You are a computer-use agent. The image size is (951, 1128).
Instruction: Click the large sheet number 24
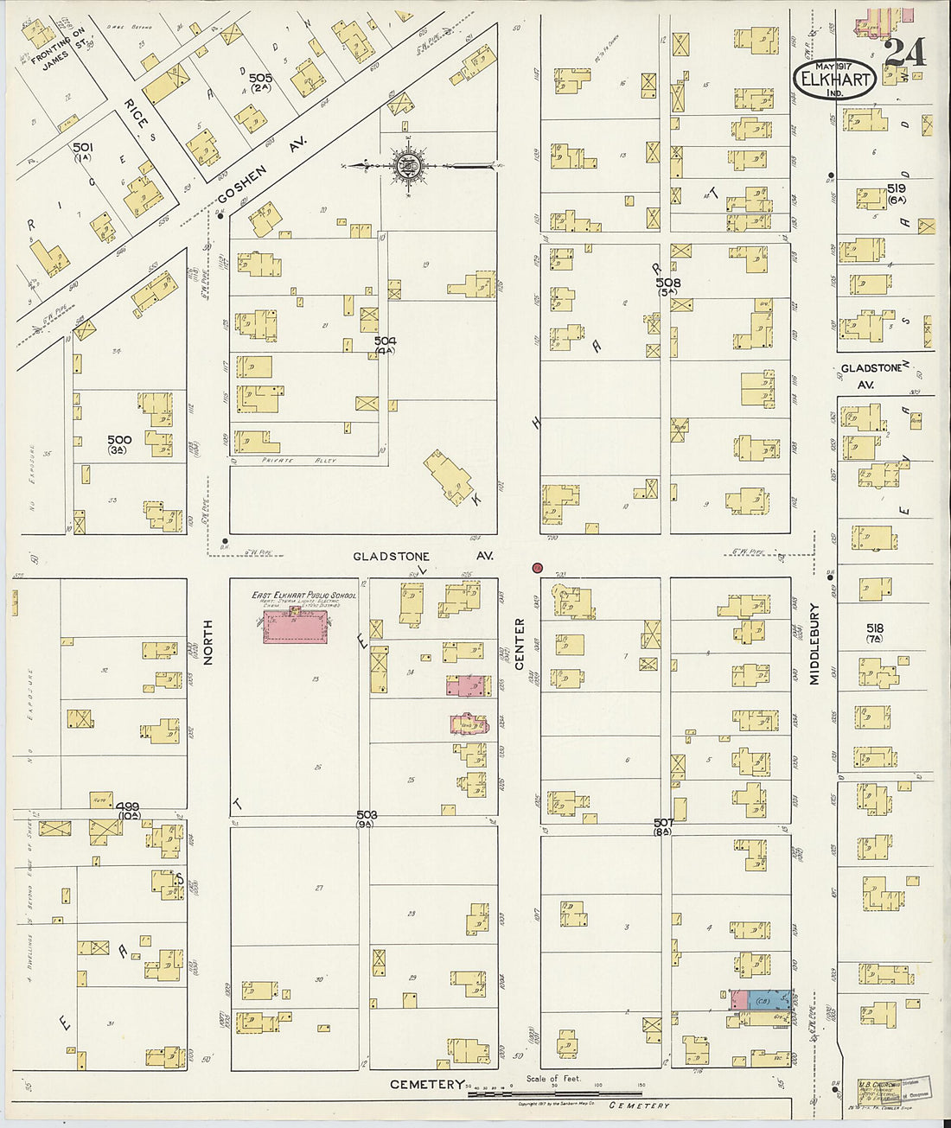point(906,53)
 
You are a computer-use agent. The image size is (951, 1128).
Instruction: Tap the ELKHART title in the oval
point(834,79)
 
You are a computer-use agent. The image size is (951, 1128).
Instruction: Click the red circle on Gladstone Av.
point(537,568)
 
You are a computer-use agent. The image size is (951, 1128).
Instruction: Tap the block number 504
point(385,341)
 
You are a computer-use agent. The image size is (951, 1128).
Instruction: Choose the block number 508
point(667,283)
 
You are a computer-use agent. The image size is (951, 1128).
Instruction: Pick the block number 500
point(119,439)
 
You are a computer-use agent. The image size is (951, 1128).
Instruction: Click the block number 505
point(260,79)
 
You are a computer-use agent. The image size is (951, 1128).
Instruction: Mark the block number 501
point(83,148)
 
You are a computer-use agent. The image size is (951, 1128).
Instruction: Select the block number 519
point(896,188)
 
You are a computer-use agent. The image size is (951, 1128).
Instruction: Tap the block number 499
point(129,806)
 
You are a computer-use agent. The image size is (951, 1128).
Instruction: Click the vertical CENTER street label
point(520,643)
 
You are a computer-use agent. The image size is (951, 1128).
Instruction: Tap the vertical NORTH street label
point(207,641)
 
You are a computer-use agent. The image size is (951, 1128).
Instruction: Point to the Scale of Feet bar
point(553,1094)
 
